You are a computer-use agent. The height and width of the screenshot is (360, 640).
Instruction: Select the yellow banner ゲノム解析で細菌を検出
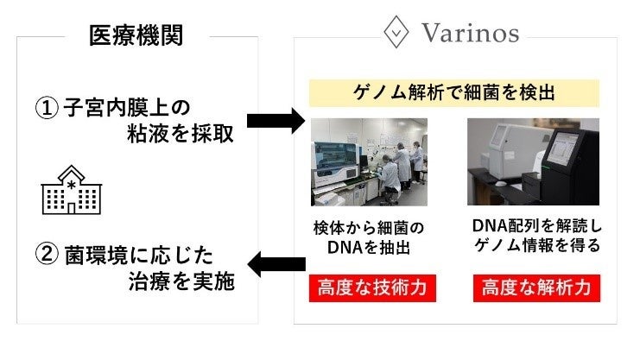[455, 92]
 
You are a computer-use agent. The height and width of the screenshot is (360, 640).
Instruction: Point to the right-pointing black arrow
[276, 120]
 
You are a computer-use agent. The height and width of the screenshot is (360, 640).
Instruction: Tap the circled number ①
[47, 109]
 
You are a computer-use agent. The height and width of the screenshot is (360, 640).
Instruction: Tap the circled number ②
[47, 257]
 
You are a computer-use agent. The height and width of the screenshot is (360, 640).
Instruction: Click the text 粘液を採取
[180, 136]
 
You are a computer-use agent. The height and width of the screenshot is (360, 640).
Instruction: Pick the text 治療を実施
[180, 284]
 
